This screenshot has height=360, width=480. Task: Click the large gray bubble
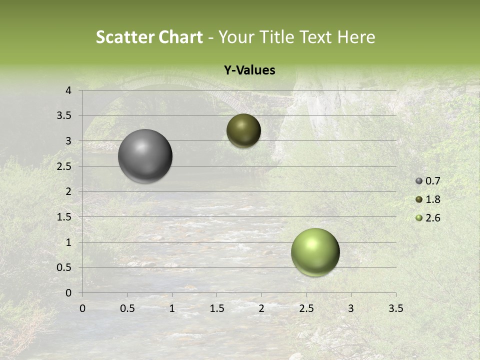point(145,156)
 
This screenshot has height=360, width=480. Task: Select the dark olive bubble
point(243,130)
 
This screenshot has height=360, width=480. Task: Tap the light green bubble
point(315,252)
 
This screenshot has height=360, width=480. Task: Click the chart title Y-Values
point(249,70)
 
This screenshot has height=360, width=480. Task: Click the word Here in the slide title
point(356,37)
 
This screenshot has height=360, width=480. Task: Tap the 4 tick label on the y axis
point(68,90)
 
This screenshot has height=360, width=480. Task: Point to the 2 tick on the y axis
point(68,191)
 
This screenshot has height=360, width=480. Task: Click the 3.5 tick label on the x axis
point(395,308)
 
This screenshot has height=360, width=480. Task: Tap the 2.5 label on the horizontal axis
point(306,308)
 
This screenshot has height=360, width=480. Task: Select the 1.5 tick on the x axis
point(216,308)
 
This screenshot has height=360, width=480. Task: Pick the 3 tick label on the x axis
point(351,308)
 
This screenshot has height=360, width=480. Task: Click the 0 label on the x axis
point(82,308)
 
